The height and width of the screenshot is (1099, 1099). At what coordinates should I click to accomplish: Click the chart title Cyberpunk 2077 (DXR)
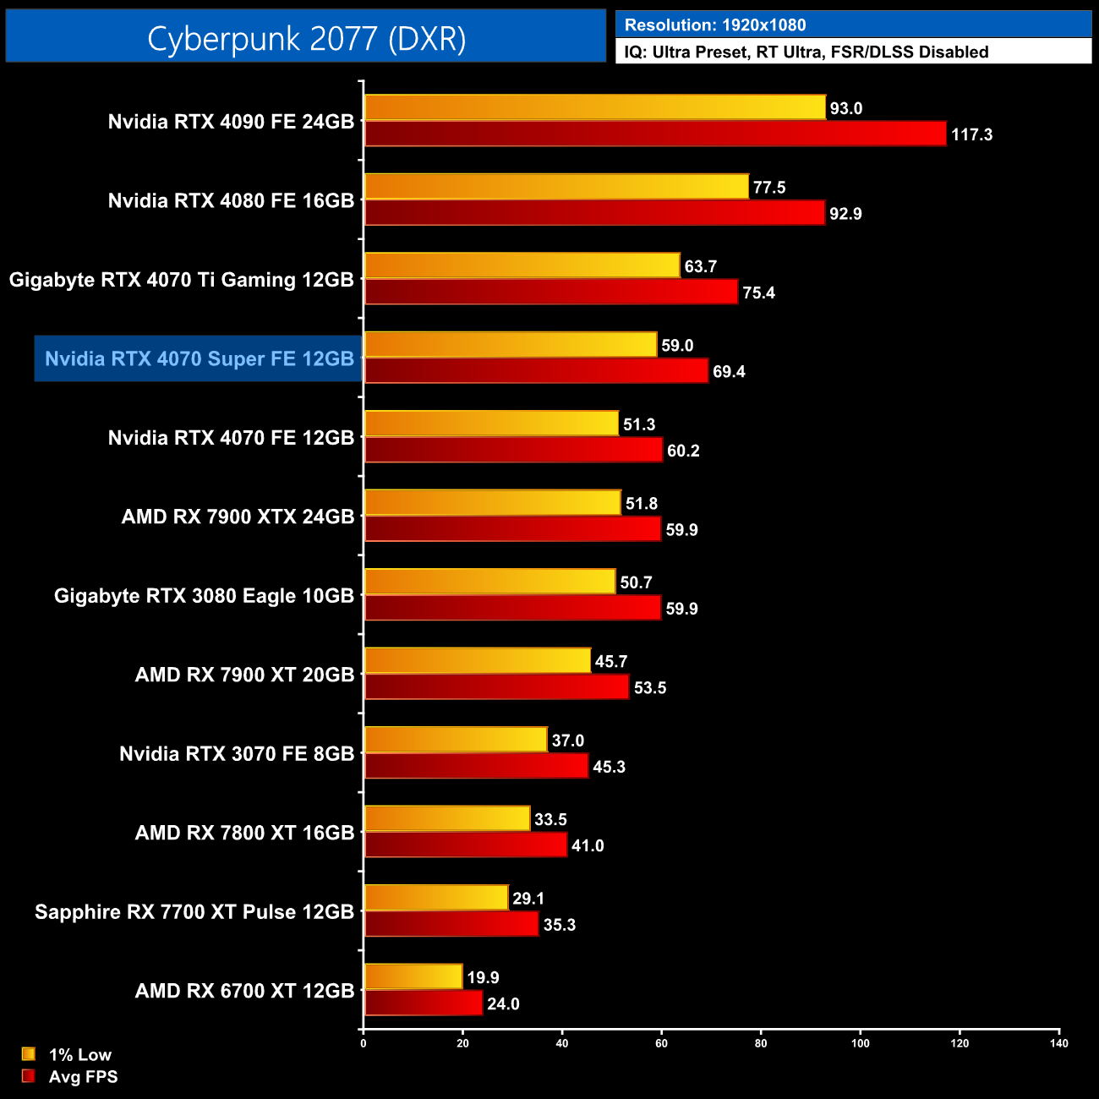306,38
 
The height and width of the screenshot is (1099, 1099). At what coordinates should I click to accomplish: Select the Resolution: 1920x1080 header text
714,25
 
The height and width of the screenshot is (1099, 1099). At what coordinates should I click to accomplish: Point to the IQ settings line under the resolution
806,52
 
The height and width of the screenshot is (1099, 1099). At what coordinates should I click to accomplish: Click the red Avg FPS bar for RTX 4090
655,134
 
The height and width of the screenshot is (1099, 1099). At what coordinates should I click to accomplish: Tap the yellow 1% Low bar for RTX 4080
556,187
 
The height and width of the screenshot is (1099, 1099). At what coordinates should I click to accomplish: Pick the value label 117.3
971,134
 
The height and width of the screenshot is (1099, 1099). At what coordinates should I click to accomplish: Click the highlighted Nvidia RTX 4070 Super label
199,358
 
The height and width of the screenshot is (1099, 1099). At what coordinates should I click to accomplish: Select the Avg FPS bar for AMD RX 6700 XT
423,1003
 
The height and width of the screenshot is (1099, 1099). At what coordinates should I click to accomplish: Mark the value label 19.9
483,977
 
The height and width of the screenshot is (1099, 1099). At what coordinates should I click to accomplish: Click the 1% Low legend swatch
29,1054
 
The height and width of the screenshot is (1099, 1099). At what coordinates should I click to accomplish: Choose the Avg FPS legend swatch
29,1076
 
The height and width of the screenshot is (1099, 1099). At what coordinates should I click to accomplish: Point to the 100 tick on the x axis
860,1043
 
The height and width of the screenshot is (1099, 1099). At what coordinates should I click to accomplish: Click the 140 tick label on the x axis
1059,1043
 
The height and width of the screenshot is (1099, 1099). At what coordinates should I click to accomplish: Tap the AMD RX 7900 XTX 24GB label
238,517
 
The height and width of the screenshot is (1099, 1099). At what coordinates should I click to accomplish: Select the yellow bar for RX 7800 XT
447,819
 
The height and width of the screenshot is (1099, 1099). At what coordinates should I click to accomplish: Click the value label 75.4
758,293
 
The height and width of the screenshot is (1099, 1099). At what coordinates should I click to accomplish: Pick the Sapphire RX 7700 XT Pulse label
194,911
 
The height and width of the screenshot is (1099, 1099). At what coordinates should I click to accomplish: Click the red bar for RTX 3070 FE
476,766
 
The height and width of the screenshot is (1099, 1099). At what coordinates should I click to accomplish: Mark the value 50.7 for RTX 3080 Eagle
636,582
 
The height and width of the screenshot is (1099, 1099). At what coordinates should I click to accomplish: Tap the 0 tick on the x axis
364,1043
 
